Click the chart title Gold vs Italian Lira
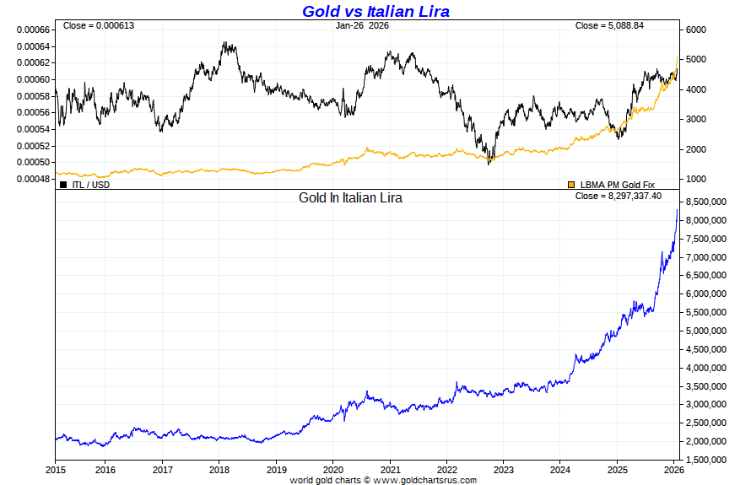pos(375,11)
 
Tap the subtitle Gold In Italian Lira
pos(350,198)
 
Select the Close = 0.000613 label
pos(99,25)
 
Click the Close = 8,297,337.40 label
pos(618,196)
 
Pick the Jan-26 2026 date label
pos(362,25)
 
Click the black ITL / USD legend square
pos(63,184)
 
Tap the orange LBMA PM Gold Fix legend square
pos(571,184)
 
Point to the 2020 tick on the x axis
pos(333,469)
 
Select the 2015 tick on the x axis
pos(56,469)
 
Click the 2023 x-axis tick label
pos(504,469)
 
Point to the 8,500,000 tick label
pos(707,202)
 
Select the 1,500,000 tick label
pos(707,460)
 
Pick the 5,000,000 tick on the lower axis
pos(707,331)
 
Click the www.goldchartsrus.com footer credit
pos(425,480)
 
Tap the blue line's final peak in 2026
pos(677,209)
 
